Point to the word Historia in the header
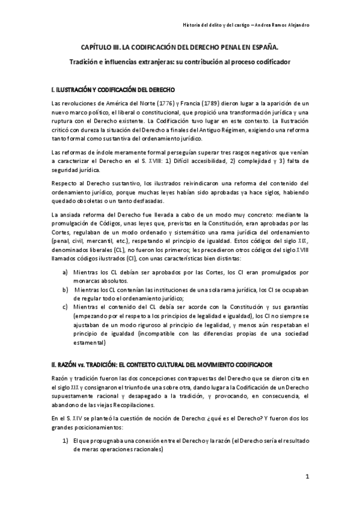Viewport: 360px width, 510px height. click(192, 24)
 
